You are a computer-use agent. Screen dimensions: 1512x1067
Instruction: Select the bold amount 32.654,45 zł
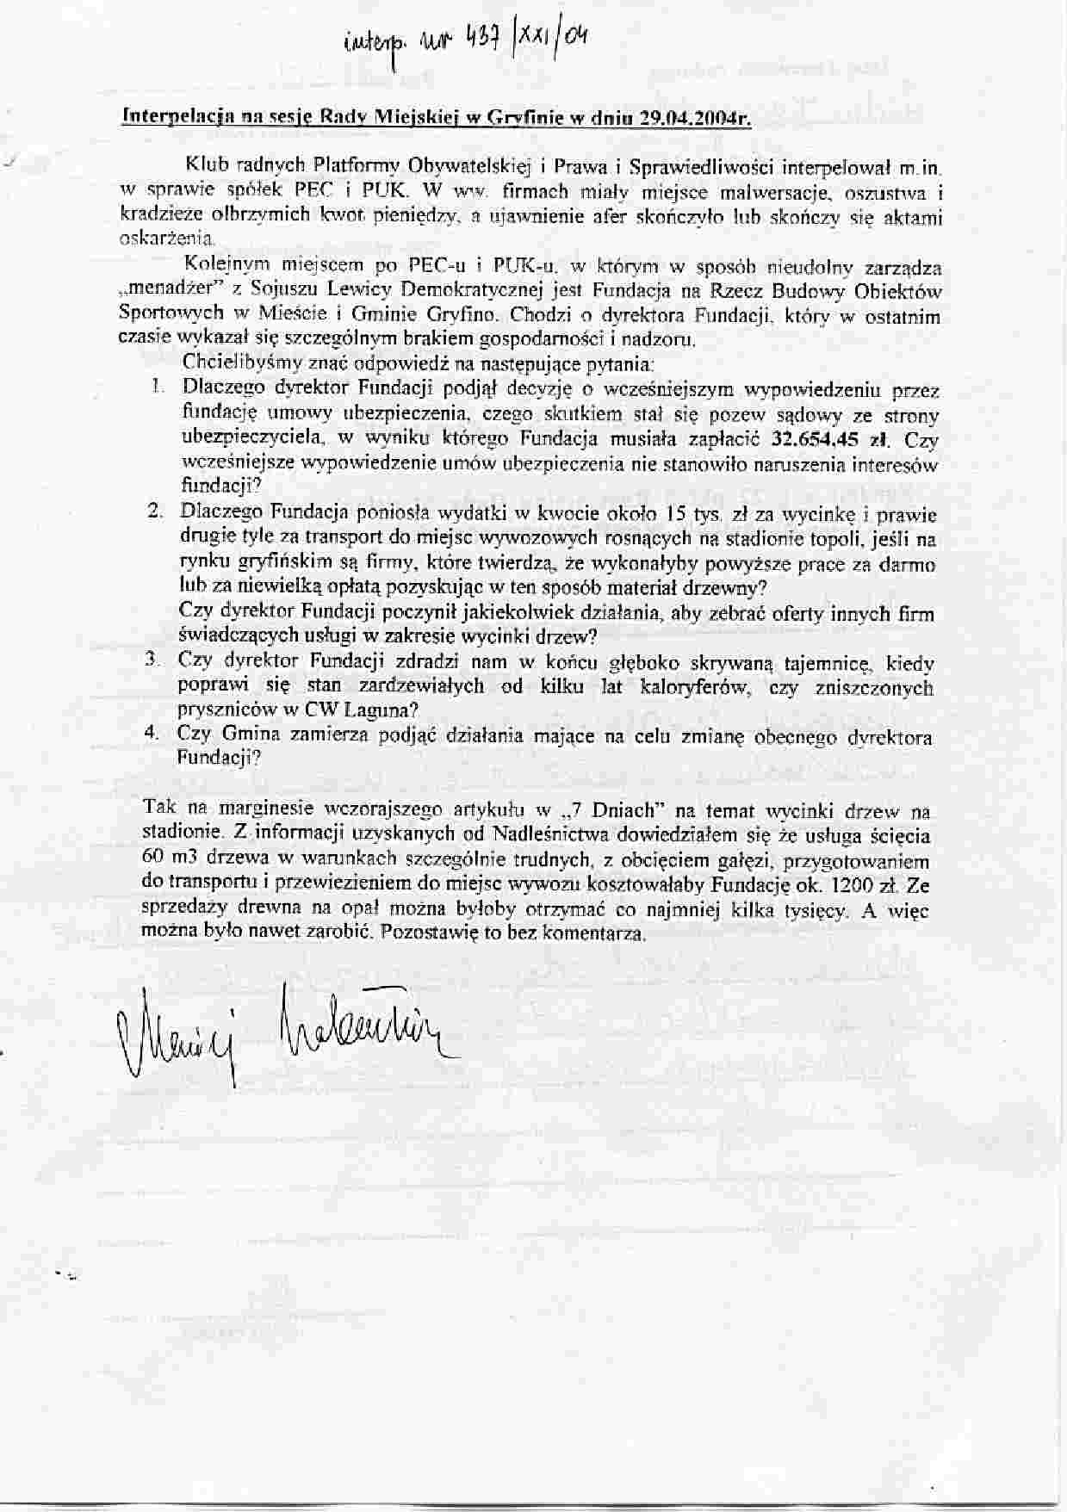[830, 438]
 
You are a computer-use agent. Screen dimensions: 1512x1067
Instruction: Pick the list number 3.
[153, 660]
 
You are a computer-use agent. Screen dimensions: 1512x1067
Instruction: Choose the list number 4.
[152, 734]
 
